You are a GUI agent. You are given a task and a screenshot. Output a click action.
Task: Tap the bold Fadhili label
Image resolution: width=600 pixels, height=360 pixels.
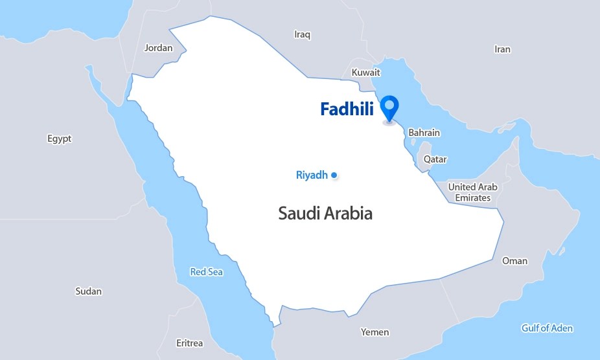(347, 110)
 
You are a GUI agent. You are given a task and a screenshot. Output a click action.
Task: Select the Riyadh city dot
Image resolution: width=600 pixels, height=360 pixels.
(334, 175)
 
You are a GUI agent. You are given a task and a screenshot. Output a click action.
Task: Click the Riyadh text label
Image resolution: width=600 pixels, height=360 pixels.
(312, 175)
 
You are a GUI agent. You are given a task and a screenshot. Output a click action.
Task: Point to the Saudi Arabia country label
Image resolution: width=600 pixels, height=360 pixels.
(325, 213)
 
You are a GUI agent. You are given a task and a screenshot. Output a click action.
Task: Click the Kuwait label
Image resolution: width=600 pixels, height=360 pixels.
(365, 73)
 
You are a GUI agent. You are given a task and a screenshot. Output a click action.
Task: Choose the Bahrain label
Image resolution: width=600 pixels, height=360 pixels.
(424, 133)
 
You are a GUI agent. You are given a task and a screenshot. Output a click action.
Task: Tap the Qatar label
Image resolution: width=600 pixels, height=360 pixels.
(435, 159)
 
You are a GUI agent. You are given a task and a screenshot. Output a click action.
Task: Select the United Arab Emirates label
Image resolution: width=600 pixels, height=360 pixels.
(472, 192)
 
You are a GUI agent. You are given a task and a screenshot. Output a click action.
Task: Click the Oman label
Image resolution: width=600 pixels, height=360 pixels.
(514, 261)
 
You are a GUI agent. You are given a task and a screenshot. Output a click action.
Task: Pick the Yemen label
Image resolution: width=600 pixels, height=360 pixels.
(375, 332)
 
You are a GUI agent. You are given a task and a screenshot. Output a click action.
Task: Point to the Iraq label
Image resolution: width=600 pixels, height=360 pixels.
(303, 34)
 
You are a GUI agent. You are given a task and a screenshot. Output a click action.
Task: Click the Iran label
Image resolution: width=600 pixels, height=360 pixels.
(502, 49)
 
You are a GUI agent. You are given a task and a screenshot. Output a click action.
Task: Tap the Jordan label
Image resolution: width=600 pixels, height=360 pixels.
(158, 48)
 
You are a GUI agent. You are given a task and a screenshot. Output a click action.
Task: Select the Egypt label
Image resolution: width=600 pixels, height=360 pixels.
(60, 139)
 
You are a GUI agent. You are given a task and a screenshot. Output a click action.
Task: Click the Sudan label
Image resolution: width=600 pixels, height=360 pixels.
(88, 291)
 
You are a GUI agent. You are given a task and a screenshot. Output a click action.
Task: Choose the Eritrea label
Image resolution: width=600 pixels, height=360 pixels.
(189, 343)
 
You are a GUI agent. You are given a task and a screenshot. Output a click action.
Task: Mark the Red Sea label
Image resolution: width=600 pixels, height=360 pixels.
(206, 272)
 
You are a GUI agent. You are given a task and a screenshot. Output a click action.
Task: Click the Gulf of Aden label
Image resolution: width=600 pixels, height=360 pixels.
(547, 328)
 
